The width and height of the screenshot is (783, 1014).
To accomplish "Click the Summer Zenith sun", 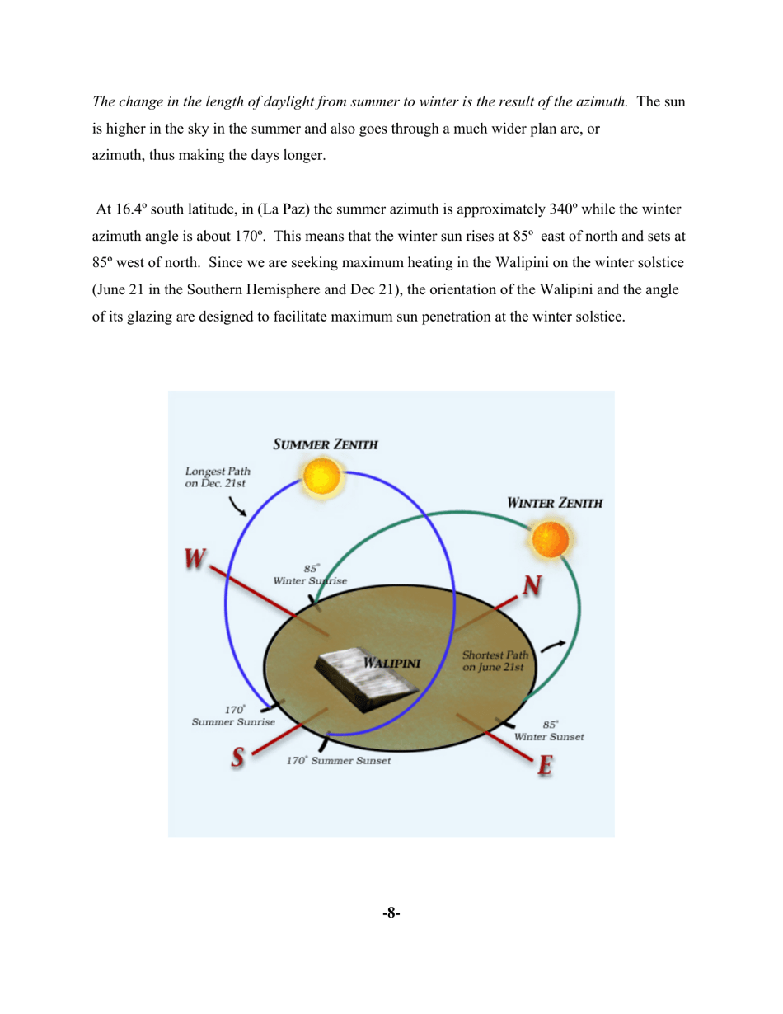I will coord(322,478).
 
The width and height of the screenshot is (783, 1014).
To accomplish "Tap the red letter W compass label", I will coord(195,559).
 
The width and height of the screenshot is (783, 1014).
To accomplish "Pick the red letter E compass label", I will coord(544,765).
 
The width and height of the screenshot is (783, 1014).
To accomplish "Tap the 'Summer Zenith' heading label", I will coord(326,444).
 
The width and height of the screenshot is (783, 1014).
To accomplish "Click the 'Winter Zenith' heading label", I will coord(554,502).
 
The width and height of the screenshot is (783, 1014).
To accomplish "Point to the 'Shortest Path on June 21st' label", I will coord(495,660).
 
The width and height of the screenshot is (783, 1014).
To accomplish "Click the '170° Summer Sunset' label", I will coord(338,761).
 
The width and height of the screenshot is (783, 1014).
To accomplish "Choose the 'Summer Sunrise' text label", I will coord(233,721).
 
